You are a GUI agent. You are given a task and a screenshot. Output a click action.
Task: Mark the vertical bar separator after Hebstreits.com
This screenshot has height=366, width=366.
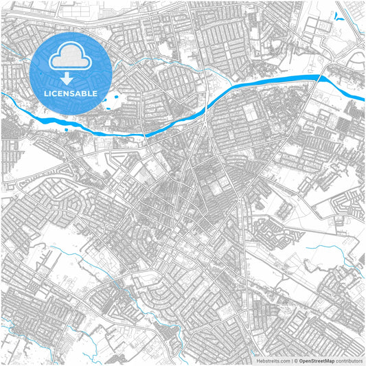(291, 360)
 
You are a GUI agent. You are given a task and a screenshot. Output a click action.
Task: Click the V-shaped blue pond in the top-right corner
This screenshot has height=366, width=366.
(338, 15)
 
